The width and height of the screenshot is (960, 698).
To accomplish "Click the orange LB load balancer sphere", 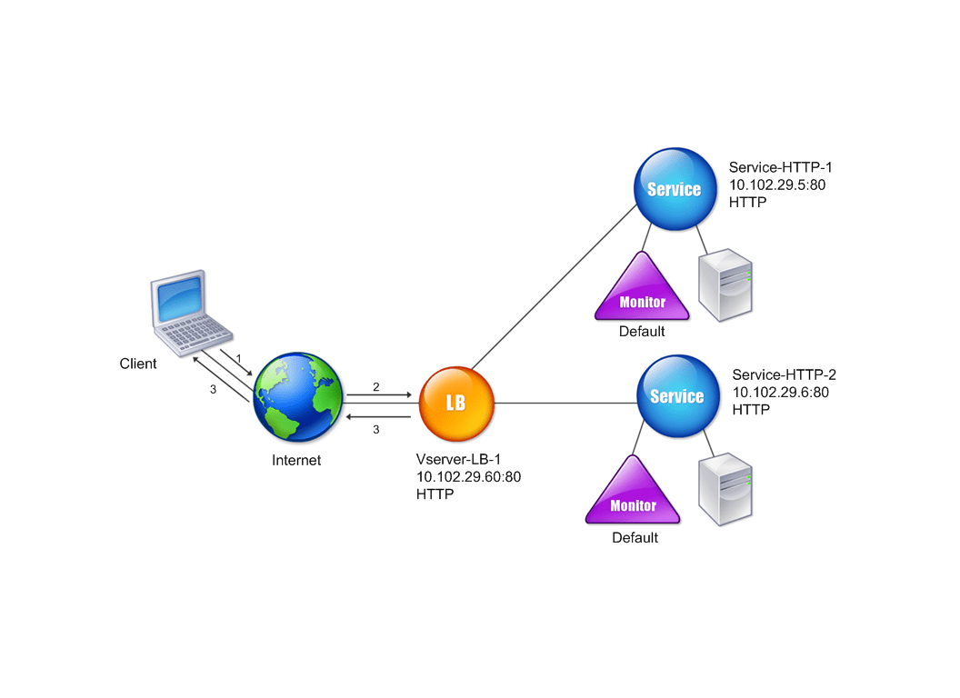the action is coord(456,404).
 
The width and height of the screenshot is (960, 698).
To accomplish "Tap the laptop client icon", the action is coord(190,313).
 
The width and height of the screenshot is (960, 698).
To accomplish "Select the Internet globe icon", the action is coord(298,397).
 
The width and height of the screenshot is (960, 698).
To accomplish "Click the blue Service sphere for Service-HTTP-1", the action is coord(675,189).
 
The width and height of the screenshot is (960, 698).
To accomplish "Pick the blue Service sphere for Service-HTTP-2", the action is coord(678,396).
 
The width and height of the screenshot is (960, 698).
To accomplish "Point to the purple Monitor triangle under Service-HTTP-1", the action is coord(642,286).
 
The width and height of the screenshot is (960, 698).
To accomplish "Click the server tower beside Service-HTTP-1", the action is coord(725,284).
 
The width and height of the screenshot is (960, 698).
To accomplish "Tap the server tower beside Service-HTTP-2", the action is coord(725,489).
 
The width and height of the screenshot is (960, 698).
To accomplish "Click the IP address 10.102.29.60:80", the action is coord(468,477).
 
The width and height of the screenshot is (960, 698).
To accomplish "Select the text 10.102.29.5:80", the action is coord(777,184).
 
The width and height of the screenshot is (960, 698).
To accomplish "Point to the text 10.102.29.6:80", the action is coord(781,393).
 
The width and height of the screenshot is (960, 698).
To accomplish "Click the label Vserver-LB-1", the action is coord(458,459).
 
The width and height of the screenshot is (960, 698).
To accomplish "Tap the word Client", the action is coord(138,364).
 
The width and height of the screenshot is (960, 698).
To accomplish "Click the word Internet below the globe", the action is coord(296,461).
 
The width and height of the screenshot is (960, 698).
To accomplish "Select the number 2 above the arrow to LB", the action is coord(376,387).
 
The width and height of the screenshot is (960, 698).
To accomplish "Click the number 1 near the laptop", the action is coord(239,359).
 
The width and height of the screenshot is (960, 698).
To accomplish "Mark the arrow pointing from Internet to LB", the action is coord(379,395).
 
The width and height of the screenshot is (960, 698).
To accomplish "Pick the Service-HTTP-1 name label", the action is coord(781,167).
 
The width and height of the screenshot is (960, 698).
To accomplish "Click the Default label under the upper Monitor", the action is coord(642,331).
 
